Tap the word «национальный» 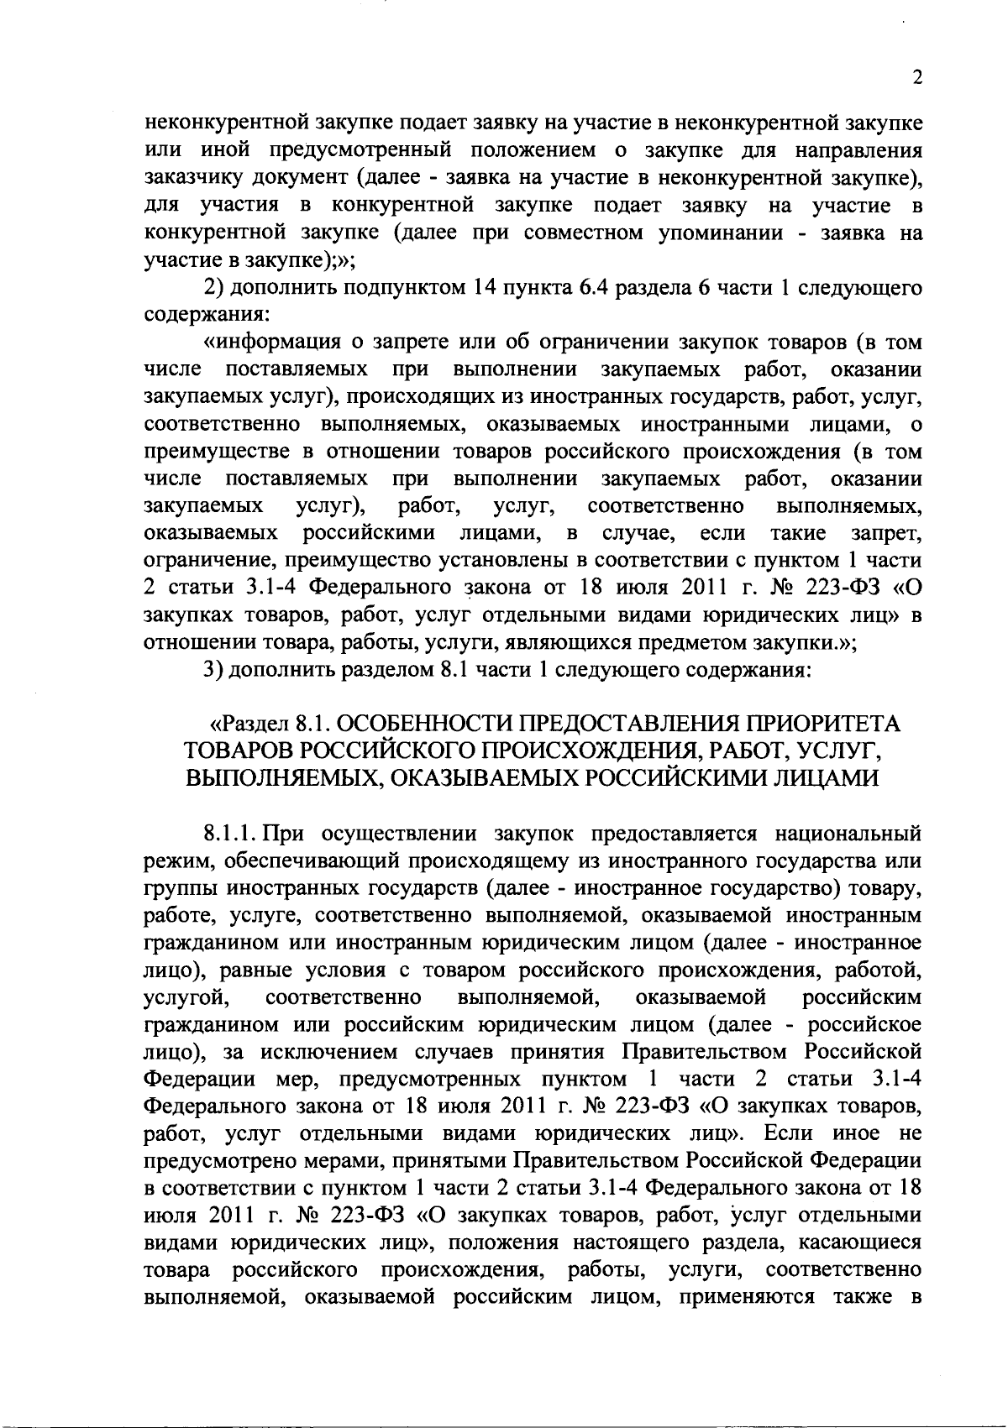(850, 834)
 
